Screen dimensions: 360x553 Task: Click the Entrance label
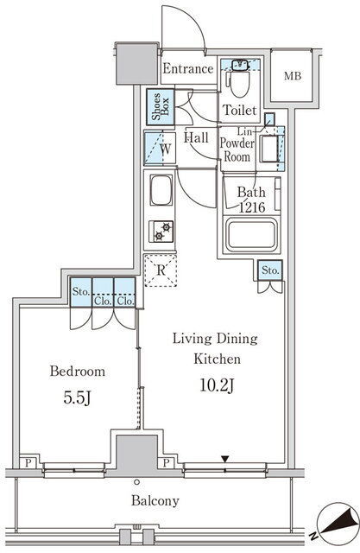(187, 68)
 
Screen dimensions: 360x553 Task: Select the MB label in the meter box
(293, 75)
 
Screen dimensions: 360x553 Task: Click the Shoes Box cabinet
(161, 106)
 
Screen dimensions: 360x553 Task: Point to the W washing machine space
(160, 148)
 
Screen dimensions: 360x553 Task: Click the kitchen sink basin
(161, 190)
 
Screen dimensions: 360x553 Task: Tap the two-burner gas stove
(161, 232)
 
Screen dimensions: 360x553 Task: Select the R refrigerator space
(161, 270)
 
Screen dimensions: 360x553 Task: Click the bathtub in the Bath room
(251, 234)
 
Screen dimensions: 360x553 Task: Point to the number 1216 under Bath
(252, 207)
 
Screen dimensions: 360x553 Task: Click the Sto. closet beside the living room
(270, 270)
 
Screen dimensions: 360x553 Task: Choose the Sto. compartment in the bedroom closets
(80, 292)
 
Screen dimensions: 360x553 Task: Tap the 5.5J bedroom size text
(78, 398)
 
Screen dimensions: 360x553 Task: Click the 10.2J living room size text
(217, 385)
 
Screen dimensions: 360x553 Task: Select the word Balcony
(155, 501)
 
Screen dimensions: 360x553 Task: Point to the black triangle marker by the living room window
(225, 459)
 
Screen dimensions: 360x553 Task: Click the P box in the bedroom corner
(28, 462)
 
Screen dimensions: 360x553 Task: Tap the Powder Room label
(237, 149)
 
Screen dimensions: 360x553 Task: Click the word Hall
(196, 137)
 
